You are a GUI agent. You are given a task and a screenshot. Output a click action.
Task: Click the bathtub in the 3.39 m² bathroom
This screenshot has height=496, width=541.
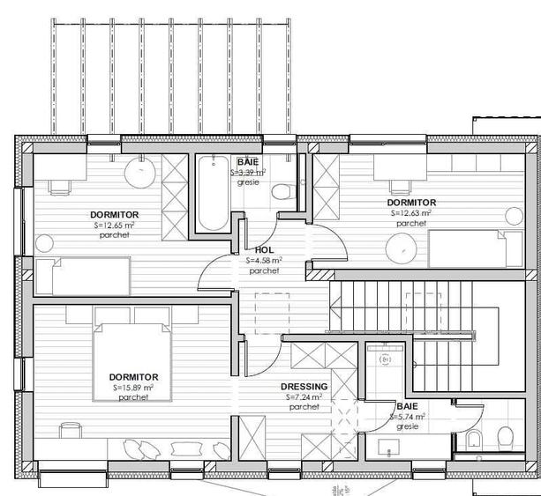(211, 195)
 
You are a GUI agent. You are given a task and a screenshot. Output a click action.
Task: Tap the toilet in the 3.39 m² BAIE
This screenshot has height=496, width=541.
(282, 190)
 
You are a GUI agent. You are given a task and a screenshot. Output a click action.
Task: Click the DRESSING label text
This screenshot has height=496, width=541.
(304, 387)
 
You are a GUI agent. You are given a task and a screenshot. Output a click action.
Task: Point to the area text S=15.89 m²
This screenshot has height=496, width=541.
(133, 387)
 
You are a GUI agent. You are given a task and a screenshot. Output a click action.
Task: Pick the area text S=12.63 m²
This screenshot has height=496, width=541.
(411, 212)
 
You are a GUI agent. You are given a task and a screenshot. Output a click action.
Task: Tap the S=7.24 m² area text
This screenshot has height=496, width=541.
(304, 397)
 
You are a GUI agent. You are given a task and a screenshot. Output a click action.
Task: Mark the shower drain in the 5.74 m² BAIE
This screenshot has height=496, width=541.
(385, 360)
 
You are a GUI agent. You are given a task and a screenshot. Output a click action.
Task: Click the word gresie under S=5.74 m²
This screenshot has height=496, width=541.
(407, 426)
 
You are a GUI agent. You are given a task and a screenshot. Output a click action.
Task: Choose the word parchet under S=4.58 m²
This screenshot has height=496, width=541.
(264, 271)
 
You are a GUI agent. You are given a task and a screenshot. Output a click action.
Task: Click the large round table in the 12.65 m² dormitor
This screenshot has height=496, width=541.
(142, 173)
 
